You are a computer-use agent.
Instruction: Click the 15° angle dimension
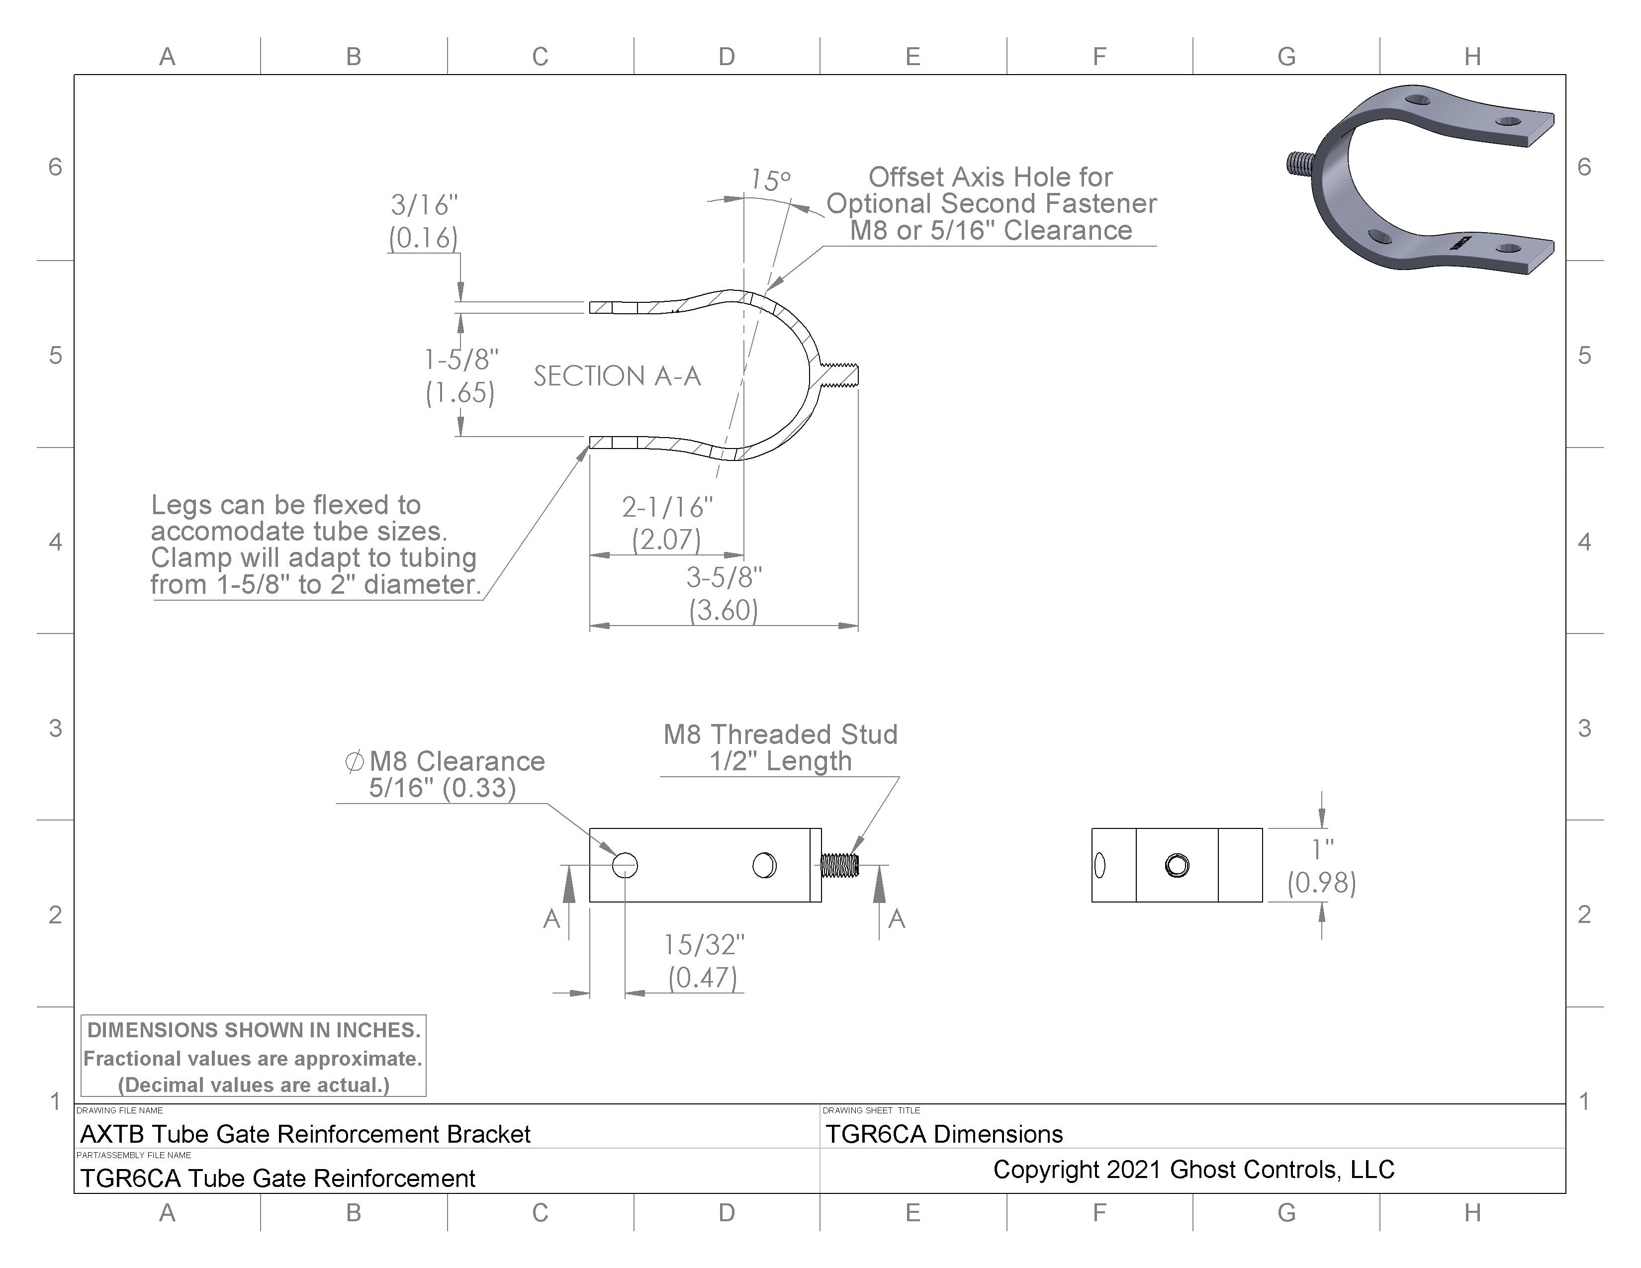[x=770, y=181]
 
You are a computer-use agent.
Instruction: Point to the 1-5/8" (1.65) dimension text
[x=460, y=375]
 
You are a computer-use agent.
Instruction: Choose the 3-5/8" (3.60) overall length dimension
[x=724, y=593]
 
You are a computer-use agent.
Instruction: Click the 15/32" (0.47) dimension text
[x=703, y=961]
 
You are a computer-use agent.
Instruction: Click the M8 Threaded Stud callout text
[x=780, y=747]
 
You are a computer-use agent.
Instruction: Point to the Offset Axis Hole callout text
[x=990, y=203]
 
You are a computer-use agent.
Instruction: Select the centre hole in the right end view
[x=1177, y=865]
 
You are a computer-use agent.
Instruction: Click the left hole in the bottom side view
[x=625, y=865]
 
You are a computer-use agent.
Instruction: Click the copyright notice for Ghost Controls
[x=1193, y=1170]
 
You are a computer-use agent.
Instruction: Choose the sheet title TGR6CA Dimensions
[x=944, y=1134]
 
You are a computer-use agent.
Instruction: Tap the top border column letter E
[x=913, y=56]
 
